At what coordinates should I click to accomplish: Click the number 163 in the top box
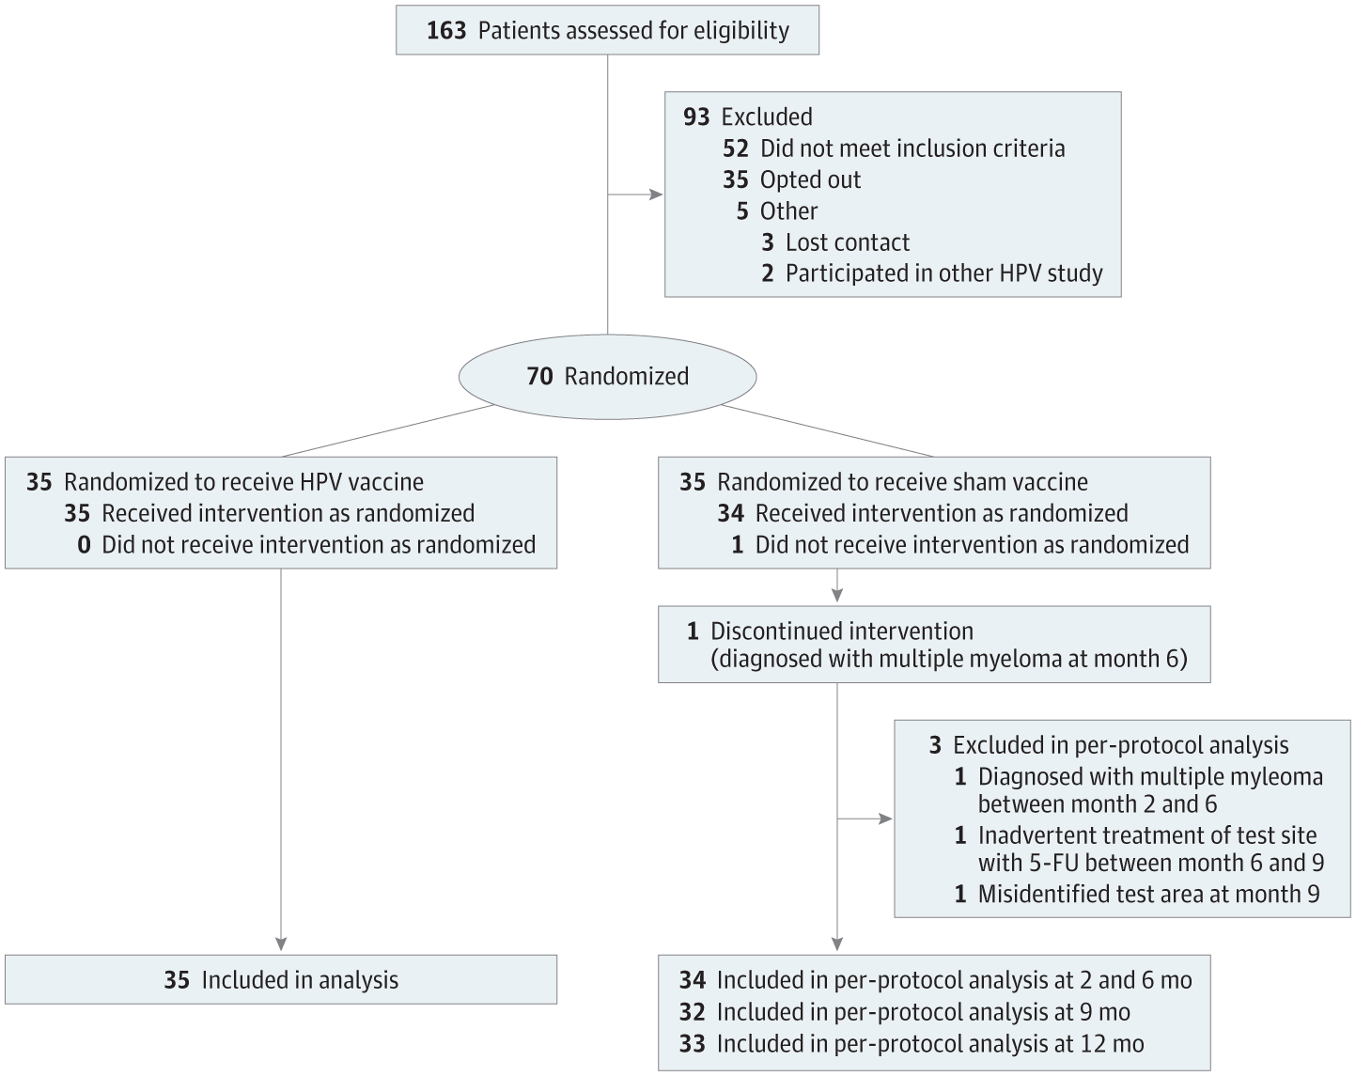(445, 31)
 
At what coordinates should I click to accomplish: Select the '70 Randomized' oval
(607, 376)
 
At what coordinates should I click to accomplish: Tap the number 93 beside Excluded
(696, 117)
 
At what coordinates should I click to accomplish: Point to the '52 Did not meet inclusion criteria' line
(894, 148)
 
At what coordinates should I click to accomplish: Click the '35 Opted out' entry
(791, 179)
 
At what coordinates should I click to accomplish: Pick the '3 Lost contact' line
(835, 242)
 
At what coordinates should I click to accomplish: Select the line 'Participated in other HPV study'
(943, 273)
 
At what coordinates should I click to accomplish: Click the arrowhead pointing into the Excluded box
(656, 195)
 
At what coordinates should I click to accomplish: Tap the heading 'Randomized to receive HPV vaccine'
(243, 482)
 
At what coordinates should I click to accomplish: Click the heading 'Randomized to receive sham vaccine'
(902, 482)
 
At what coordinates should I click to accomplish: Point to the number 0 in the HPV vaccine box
(84, 545)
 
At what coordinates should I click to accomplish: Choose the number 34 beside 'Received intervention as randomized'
(730, 513)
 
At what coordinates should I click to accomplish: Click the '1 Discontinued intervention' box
(933, 645)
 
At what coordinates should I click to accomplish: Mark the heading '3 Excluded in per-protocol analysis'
(1109, 745)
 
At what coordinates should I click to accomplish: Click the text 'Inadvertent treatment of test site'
(1146, 835)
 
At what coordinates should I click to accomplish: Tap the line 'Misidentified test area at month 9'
(1148, 894)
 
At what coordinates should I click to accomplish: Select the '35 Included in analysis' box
(281, 980)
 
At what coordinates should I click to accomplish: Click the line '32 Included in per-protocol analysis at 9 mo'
(904, 1012)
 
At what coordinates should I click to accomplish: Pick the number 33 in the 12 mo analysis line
(693, 1043)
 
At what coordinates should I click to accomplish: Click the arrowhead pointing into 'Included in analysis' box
(281, 944)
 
